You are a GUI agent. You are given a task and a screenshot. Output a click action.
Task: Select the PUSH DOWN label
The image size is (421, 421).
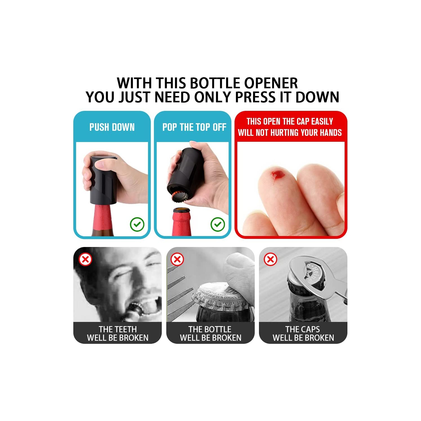click(x=112, y=127)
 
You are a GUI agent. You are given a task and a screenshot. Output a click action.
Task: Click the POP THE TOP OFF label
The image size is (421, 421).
click(x=194, y=127)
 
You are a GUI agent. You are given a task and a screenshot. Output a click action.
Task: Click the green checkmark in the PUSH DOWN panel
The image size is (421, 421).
click(x=137, y=225)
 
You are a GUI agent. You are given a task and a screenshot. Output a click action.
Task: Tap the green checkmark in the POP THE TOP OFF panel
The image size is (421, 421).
click(x=218, y=225)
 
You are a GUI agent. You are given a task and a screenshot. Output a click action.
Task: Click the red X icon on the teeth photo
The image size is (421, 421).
click(x=85, y=259)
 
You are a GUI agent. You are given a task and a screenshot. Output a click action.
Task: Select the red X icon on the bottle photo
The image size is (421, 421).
click(x=177, y=259)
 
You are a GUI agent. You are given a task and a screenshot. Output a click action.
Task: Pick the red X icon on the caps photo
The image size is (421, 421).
click(x=270, y=259)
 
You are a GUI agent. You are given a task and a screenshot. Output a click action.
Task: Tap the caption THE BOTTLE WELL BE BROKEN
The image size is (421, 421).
click(x=210, y=333)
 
